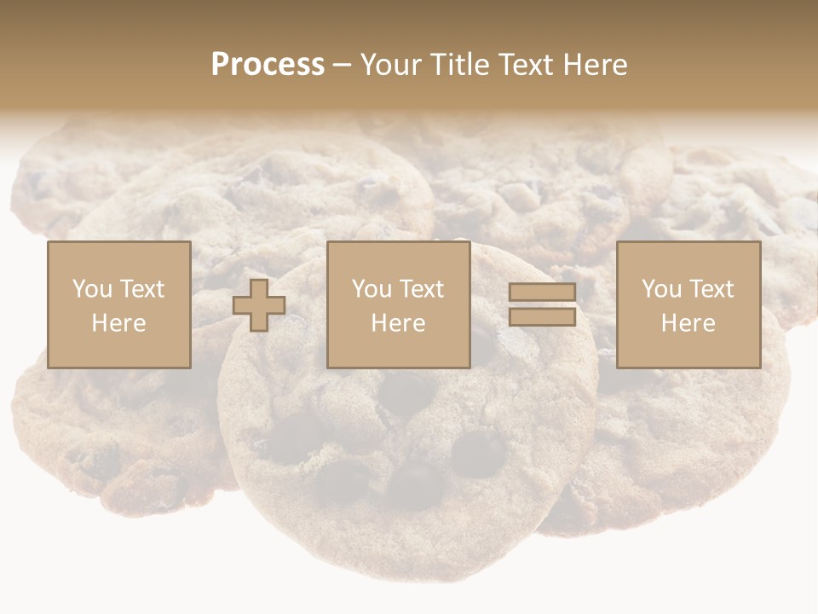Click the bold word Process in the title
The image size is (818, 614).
268,65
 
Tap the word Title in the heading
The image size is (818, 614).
458,65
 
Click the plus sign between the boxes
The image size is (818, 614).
259,305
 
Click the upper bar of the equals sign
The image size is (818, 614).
542,292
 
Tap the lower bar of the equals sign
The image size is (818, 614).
542,316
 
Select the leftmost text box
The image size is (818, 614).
119,304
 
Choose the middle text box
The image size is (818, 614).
399,304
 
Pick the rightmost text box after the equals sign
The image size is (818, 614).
688,304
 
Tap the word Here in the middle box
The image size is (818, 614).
399,323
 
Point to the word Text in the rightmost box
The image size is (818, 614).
711,289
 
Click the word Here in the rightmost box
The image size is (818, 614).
688,323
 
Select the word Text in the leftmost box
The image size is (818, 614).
141,289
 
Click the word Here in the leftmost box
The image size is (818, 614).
119,323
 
